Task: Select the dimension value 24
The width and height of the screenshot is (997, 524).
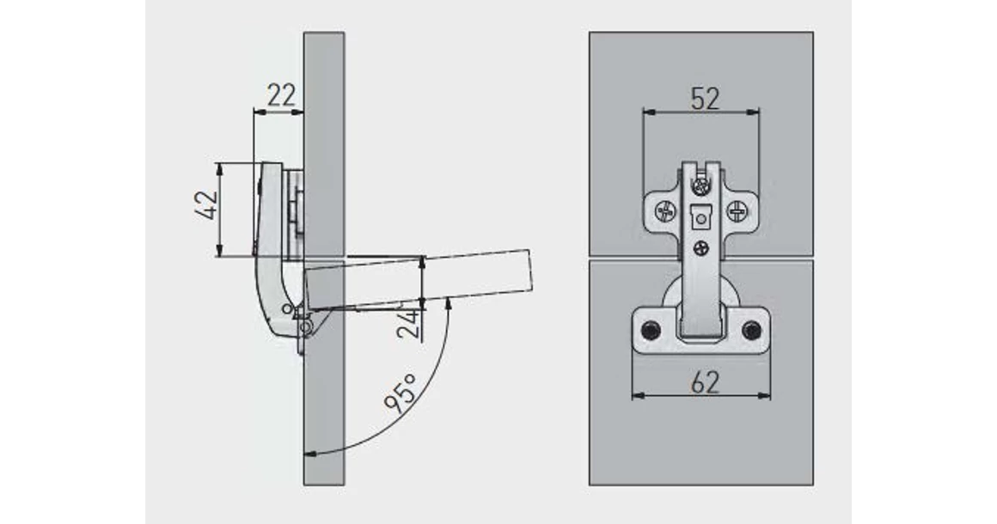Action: tap(408, 323)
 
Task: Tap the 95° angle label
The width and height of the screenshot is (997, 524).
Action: tap(400, 393)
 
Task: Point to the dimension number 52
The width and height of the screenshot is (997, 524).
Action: tap(705, 99)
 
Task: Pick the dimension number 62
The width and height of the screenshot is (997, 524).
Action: tap(705, 382)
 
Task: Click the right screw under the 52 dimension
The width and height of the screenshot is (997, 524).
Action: tap(737, 210)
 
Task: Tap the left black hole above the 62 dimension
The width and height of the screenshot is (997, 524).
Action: tap(651, 330)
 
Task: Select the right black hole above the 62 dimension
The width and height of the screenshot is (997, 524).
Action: tap(752, 330)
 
